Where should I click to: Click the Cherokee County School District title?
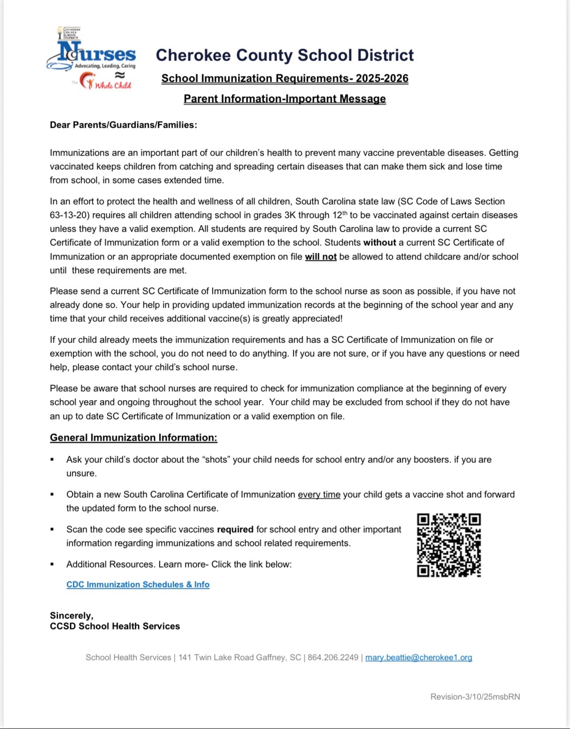[x=285, y=55]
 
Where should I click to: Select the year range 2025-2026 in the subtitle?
[x=382, y=79]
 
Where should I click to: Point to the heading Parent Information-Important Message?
[x=285, y=99]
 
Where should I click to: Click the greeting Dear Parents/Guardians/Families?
[x=123, y=125]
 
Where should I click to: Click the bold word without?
[x=380, y=243]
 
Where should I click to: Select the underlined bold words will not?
[x=321, y=257]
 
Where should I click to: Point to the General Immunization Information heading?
[x=133, y=438]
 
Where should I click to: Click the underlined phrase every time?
[x=319, y=495]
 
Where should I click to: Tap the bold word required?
[x=235, y=530]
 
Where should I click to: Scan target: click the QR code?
[x=449, y=545]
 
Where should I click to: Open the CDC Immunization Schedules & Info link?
[x=138, y=584]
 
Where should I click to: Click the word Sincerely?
[x=72, y=616]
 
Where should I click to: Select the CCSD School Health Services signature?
[x=115, y=626]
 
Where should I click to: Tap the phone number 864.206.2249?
[x=333, y=658]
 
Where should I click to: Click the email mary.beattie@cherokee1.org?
[x=418, y=658]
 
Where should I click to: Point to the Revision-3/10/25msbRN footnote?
[x=475, y=697]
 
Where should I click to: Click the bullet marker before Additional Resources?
[x=52, y=565]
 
